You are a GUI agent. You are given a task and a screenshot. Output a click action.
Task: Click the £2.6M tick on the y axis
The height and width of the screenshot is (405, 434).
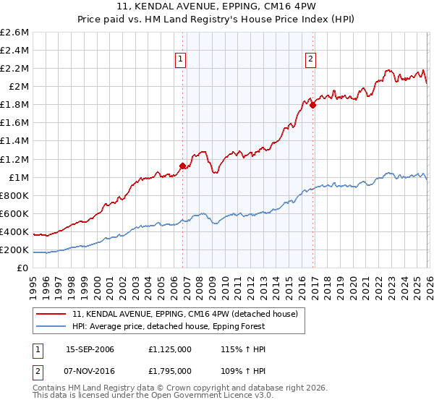[17, 33]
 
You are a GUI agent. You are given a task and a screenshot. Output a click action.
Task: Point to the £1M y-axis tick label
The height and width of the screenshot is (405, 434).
[18, 177]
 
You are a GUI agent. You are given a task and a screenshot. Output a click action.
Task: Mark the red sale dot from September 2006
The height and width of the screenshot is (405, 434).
[182, 166]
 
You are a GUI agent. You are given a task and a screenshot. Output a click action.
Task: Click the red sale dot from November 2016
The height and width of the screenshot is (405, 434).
[312, 105]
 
